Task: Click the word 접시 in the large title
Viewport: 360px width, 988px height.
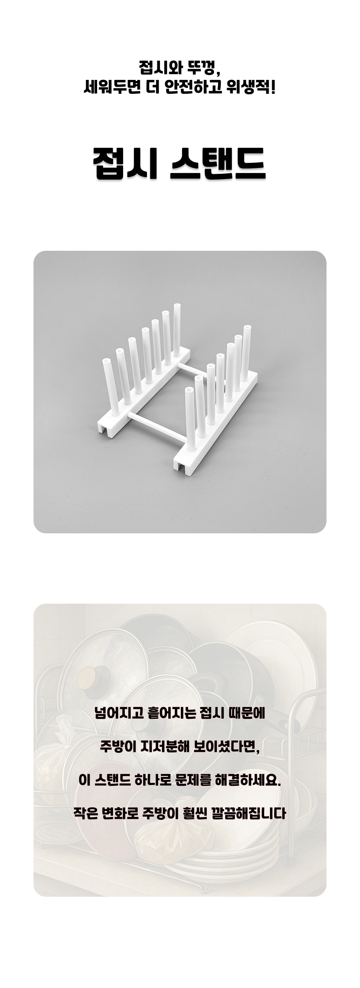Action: click(125, 163)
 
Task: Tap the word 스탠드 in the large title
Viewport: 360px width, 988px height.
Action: click(218, 163)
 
